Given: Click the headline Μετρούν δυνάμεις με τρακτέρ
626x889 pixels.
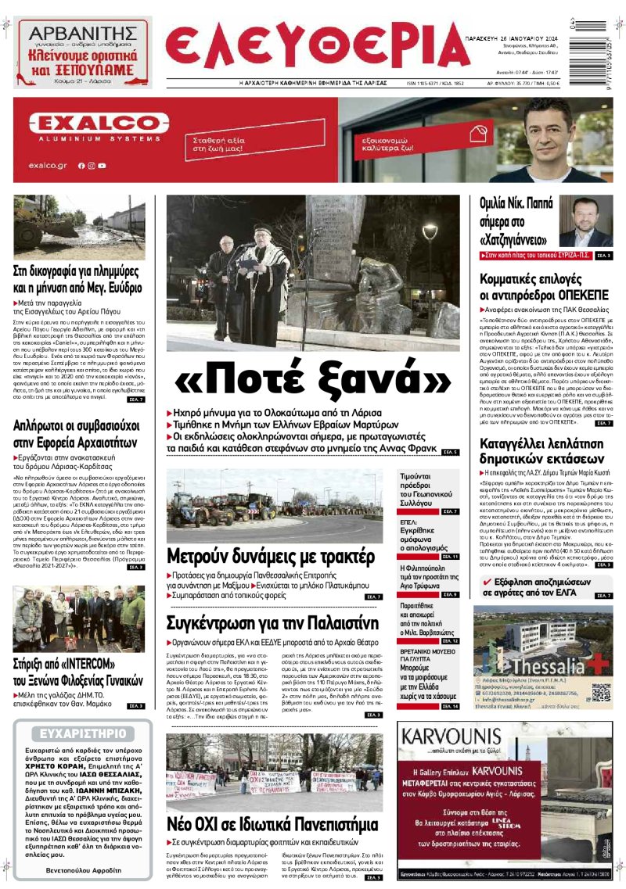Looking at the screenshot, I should pos(271,557).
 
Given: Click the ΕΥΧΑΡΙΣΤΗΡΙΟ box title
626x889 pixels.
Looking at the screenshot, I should pos(81,733).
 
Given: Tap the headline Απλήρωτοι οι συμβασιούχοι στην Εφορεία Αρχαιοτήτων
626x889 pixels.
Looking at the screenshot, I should pos(77,435).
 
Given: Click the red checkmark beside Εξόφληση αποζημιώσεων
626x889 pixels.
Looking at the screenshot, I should pos(487,582).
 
